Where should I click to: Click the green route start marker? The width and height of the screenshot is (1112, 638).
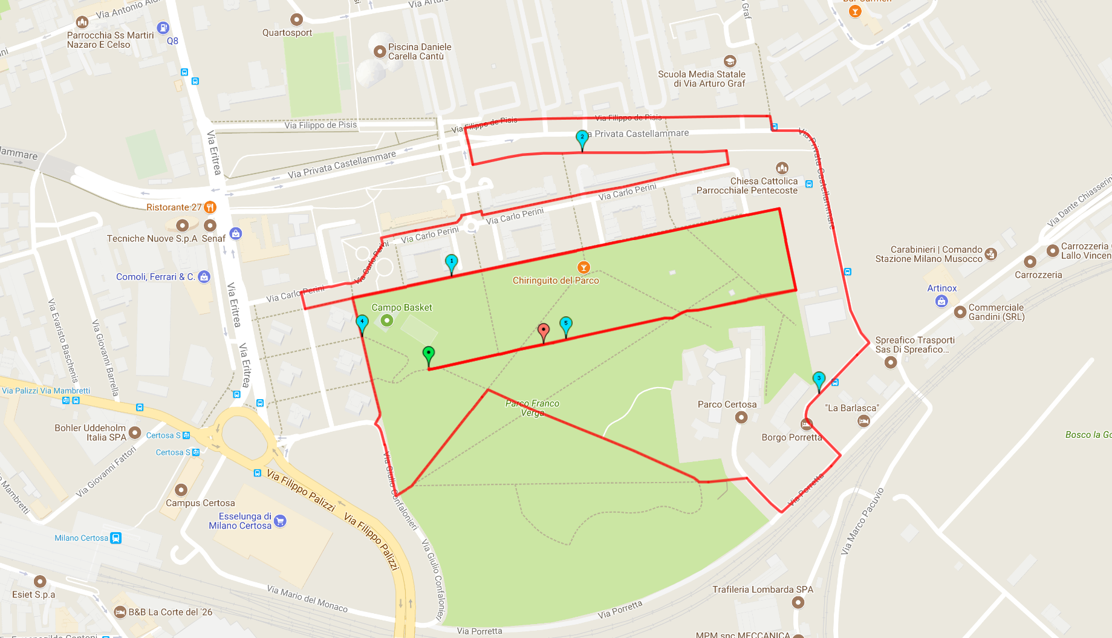click(429, 354)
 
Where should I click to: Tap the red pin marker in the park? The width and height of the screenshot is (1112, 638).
click(544, 331)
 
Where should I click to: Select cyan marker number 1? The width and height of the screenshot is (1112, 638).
click(451, 262)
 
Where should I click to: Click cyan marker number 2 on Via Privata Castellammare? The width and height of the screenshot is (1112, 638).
click(582, 138)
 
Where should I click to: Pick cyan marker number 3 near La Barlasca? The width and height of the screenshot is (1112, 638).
click(819, 380)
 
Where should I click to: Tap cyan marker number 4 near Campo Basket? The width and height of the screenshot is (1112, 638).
click(362, 322)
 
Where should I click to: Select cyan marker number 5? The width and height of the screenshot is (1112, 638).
click(566, 324)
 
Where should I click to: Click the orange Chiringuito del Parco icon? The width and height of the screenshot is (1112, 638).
click(584, 267)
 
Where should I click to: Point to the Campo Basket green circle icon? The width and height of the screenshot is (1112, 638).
click(387, 321)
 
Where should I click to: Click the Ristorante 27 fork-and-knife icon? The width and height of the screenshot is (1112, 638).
click(210, 207)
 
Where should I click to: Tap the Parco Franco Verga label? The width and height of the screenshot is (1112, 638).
click(532, 408)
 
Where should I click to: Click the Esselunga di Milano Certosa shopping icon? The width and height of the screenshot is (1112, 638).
click(280, 521)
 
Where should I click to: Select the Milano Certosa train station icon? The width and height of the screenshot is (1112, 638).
click(116, 538)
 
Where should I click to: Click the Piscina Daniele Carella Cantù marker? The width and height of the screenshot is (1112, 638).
click(380, 51)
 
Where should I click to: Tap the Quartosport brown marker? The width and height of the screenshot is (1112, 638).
click(296, 20)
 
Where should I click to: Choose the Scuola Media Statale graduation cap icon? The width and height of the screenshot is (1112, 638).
click(730, 61)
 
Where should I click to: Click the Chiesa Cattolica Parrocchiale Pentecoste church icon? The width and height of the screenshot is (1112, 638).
click(782, 168)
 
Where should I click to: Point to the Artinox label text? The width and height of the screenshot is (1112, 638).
click(941, 288)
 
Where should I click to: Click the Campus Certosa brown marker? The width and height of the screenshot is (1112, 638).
click(181, 490)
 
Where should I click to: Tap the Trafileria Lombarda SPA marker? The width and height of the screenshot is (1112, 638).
click(798, 602)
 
